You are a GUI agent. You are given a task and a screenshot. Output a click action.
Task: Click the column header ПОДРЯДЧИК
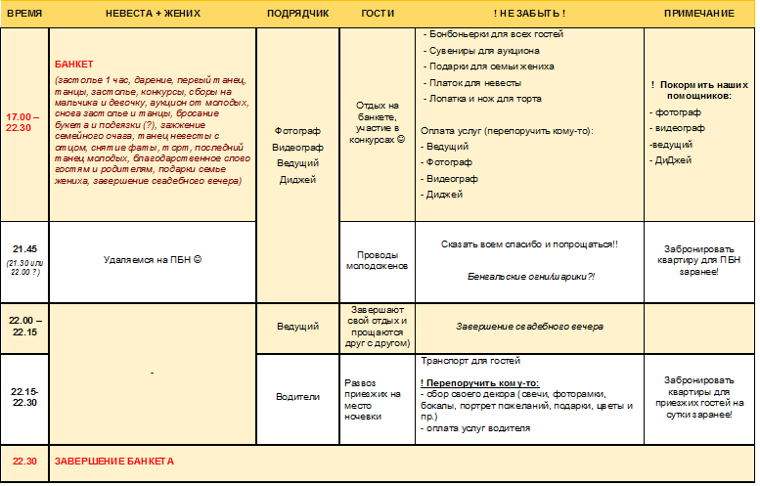[x=297, y=14]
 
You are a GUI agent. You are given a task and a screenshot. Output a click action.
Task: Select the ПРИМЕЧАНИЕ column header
[x=698, y=14]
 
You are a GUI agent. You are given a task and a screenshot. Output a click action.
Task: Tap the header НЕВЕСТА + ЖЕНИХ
[x=153, y=14]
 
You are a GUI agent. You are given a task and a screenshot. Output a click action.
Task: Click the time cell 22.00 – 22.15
[x=23, y=326]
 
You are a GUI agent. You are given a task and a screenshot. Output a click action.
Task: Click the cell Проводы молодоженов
[x=377, y=259]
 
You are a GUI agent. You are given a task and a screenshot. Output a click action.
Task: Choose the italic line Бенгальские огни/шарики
[x=531, y=277]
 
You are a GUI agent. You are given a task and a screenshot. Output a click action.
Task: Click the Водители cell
[x=297, y=396]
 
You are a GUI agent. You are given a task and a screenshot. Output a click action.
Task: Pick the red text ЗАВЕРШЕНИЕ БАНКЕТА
[x=114, y=461]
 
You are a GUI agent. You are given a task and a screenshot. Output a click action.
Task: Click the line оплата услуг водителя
[x=477, y=428]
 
